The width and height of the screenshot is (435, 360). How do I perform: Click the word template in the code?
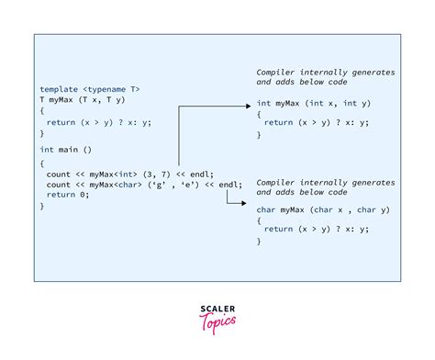tap(58, 88)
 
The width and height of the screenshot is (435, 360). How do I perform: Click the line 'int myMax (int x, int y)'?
tap(306, 104)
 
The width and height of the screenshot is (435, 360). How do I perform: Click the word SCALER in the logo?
tap(217, 309)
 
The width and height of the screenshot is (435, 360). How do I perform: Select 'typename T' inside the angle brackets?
tap(115, 88)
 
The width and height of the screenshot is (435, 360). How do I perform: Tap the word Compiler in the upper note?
tap(276, 71)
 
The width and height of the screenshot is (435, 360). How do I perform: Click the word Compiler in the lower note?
tap(276, 181)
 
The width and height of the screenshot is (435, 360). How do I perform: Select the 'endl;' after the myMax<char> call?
tap(229, 184)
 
